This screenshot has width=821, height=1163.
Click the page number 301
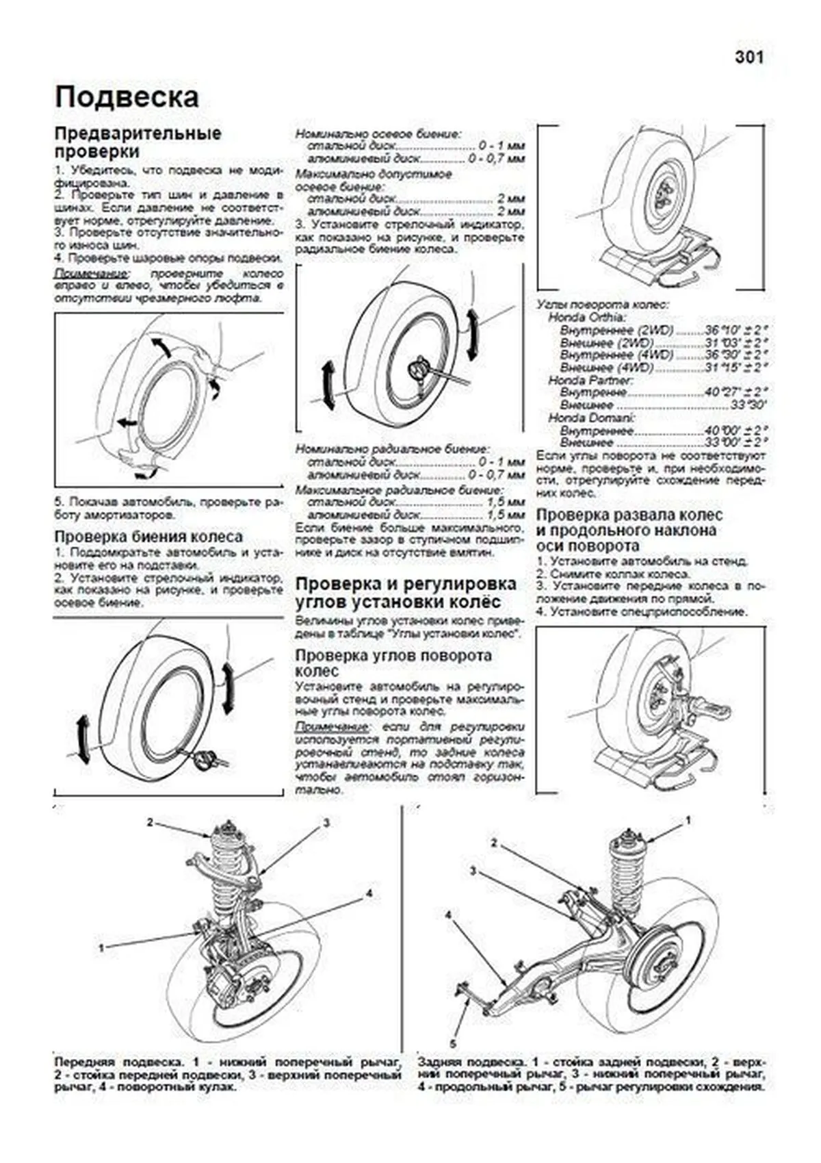pos(748,57)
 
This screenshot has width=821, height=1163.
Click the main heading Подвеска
pos(127,97)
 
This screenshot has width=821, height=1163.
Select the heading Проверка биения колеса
pos(148,536)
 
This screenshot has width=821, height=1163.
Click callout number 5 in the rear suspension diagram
pos(452,1044)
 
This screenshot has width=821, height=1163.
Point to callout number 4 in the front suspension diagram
pos(368,893)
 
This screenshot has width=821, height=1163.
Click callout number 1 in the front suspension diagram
pos(102,948)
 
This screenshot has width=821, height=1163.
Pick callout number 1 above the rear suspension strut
pos(688,820)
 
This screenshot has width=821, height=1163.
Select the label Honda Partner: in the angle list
pos(590,380)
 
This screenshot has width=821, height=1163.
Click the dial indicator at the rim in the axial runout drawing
pos(206,757)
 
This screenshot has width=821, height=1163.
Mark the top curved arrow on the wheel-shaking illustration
pos(163,346)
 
